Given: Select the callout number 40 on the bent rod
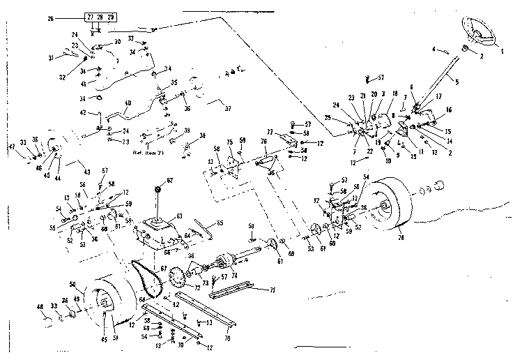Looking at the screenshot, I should pos(128,104).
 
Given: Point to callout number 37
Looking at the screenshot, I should pos(227,108).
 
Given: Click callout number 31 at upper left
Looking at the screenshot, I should pos(50,57).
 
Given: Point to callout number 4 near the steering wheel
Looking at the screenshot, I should pos(434,50).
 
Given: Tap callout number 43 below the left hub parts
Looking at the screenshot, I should pos(86,172).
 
